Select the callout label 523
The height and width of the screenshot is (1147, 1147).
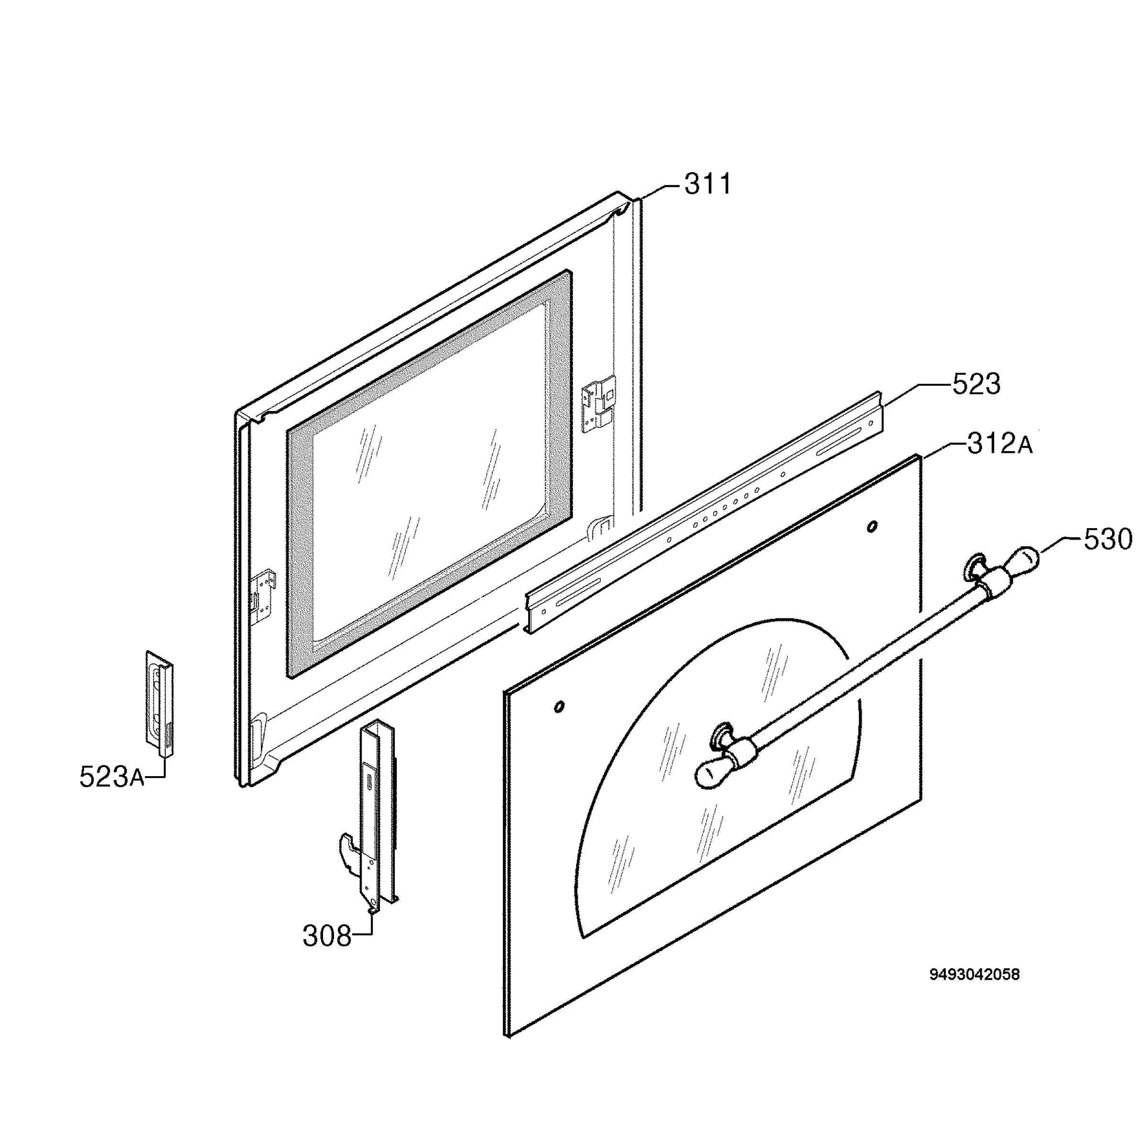point(976,384)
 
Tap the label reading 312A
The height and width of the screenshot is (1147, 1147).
point(1000,444)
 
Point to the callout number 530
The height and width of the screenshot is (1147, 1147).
point(1108,540)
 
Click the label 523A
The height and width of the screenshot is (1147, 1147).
point(112,777)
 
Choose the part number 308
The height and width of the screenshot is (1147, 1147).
point(327,936)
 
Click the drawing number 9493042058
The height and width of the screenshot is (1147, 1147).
point(974,991)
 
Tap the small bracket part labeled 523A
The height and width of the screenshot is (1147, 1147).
point(160,704)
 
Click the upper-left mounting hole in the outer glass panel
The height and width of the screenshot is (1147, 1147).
point(559,706)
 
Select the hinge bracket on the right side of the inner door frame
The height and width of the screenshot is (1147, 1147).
point(598,404)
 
